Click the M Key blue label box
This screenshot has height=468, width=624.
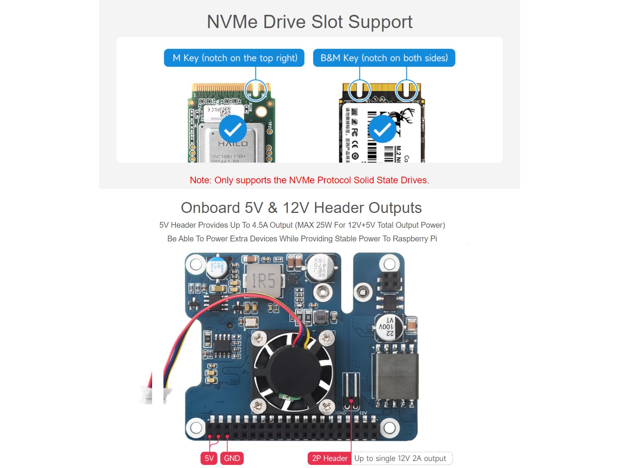click(234, 58)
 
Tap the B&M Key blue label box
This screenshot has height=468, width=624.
click(384, 58)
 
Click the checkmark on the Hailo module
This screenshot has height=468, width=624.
click(233, 129)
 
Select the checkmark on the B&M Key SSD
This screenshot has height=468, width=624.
click(382, 129)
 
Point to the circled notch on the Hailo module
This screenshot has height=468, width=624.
click(255, 90)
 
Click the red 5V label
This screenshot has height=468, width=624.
click(209, 458)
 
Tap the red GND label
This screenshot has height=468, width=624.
click(232, 458)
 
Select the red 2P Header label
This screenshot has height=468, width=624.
click(330, 458)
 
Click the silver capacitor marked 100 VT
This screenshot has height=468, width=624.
click(388, 327)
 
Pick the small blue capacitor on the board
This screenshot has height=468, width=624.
click(216, 267)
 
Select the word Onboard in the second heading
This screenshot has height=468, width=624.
click(210, 208)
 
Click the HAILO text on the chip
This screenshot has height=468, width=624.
click(233, 144)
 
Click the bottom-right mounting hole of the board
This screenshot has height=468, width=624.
click(389, 427)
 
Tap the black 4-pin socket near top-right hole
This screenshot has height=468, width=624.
click(390, 281)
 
